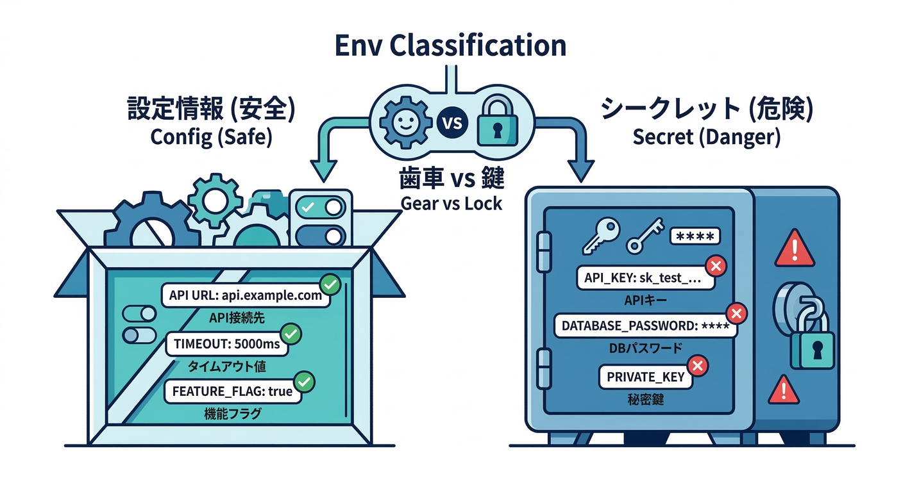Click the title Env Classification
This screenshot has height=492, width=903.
pyautogui.click(x=450, y=46)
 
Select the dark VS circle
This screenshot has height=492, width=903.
pyautogui.click(x=452, y=122)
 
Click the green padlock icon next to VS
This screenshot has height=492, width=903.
pyautogui.click(x=498, y=121)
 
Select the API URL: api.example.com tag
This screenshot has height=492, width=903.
pyautogui.click(x=246, y=296)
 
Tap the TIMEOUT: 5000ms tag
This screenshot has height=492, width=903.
pyautogui.click(x=226, y=344)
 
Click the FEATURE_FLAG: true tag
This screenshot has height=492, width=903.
pyautogui.click(x=232, y=391)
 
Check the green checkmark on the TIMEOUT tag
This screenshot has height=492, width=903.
pyautogui.click(x=292, y=333)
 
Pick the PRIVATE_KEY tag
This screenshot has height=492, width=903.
pyautogui.click(x=645, y=376)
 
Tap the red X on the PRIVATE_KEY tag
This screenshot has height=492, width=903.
pyautogui.click(x=698, y=366)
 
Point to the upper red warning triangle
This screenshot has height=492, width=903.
pyautogui.click(x=795, y=249)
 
